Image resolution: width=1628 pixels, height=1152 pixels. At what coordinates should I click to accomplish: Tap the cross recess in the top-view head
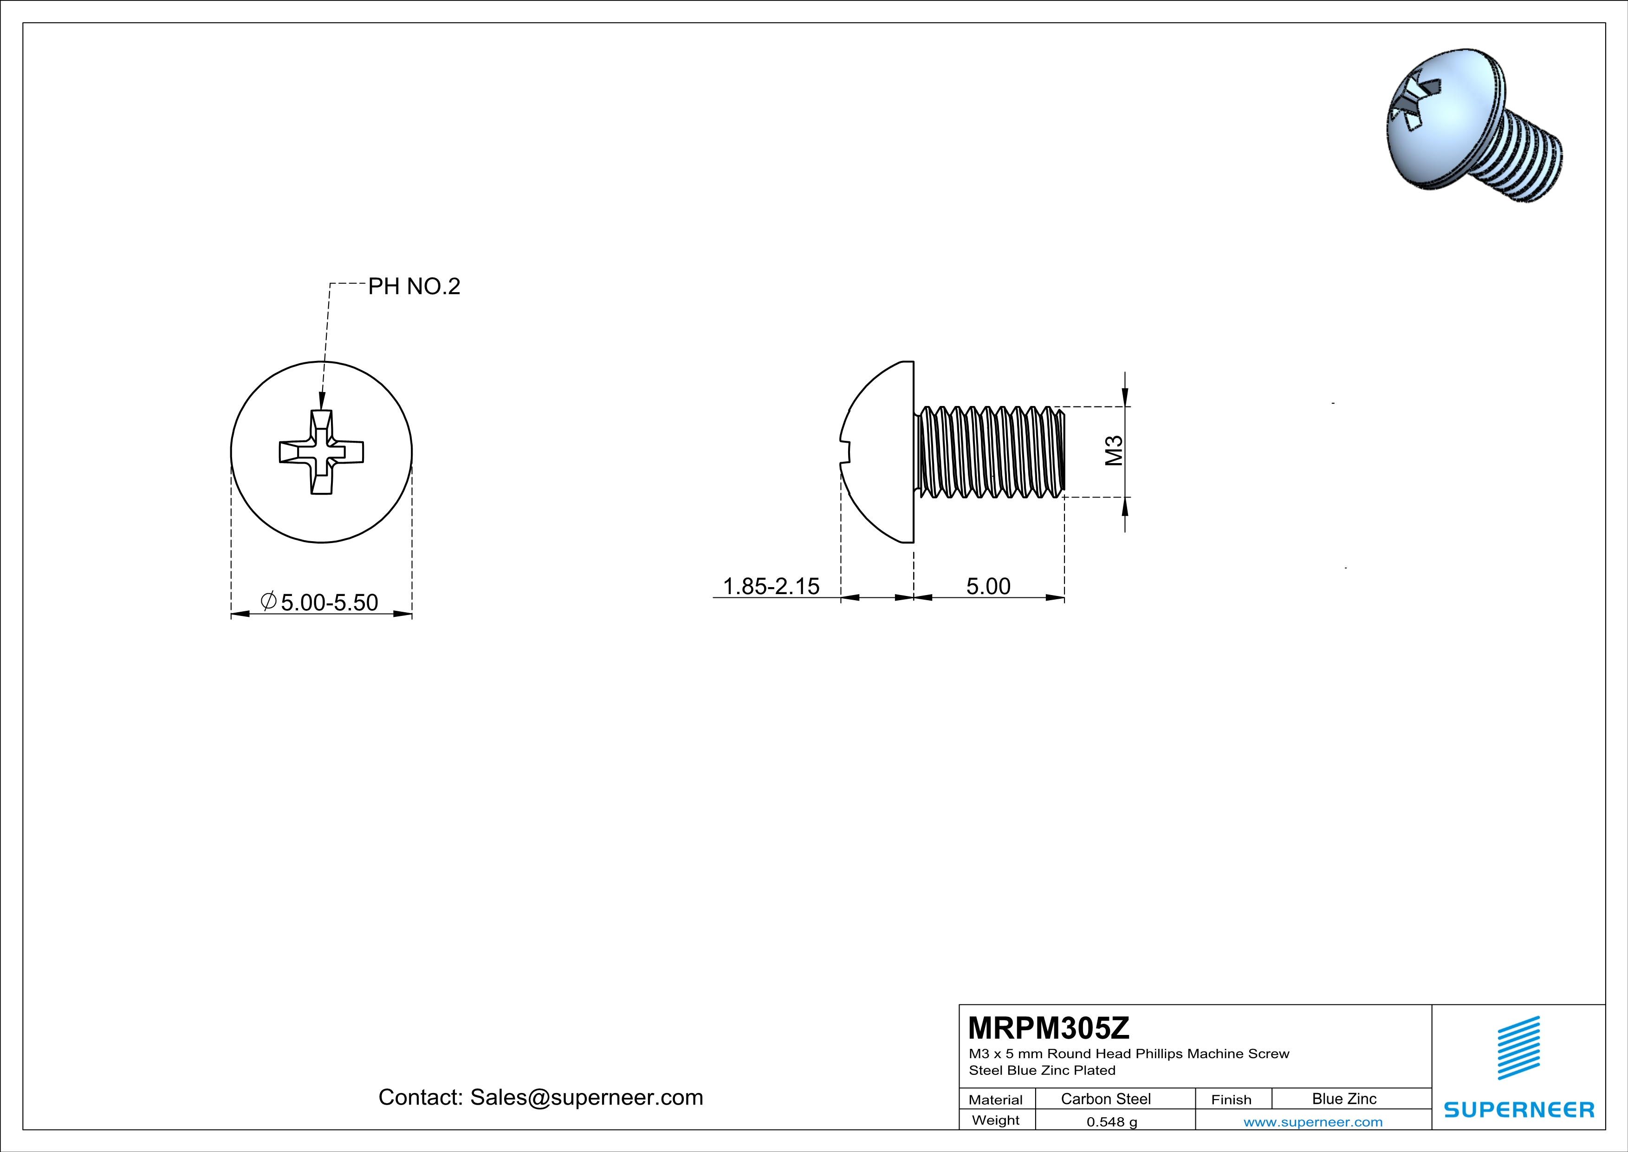click(x=321, y=452)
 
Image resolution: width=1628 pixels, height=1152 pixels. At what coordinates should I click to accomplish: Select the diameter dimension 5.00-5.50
click(x=329, y=602)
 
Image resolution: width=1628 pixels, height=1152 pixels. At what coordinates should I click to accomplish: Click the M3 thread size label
click(x=1114, y=451)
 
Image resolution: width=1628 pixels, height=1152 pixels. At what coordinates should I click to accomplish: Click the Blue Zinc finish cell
click(x=1344, y=1099)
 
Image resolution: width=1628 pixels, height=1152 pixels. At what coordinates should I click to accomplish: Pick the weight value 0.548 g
click(x=1112, y=1121)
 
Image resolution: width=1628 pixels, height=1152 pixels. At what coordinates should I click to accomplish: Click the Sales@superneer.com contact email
click(x=586, y=1097)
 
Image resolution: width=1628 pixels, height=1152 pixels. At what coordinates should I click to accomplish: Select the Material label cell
click(x=996, y=1100)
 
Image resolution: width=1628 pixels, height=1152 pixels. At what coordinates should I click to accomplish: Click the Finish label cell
click(x=1231, y=1100)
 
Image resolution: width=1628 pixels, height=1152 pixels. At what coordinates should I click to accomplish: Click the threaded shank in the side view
click(x=991, y=452)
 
